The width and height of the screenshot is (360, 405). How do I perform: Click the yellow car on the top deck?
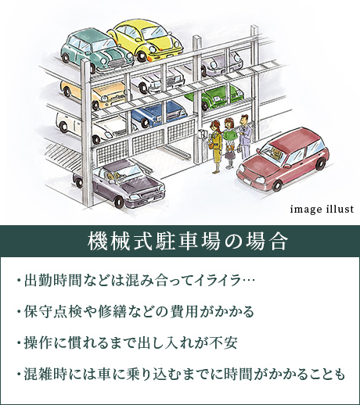pos(146,41)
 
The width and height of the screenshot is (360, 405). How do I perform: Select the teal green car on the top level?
pos(97,51)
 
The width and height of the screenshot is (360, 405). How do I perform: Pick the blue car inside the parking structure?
pos(158,113)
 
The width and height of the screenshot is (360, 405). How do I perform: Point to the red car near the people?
pos(283,159)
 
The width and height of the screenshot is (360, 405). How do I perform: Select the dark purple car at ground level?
pos(119,182)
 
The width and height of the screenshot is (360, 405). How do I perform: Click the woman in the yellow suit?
pos(215,146)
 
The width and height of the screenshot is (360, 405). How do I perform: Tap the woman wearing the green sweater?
pos(229,143)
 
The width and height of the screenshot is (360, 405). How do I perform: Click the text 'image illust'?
pos(322,209)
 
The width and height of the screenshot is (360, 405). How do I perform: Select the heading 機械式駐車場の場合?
pos(188,242)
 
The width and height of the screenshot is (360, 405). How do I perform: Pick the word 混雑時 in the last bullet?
pos(41,374)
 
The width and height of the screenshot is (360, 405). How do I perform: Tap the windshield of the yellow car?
pos(156,32)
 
